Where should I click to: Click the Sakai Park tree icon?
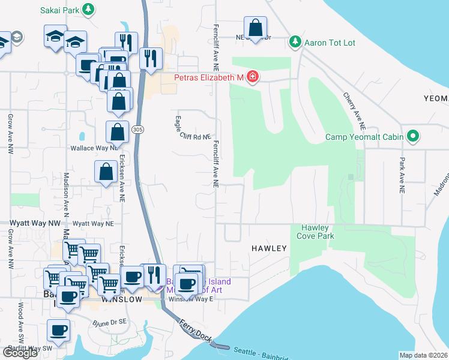(x=88, y=9)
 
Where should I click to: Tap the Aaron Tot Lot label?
(x=330, y=42)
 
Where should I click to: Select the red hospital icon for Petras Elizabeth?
(x=253, y=77)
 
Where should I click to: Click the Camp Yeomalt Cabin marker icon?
(x=412, y=137)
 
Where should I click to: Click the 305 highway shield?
(x=137, y=130)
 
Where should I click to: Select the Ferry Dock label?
(x=195, y=331)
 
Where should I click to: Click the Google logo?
(x=20, y=353)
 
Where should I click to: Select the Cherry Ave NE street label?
(x=354, y=112)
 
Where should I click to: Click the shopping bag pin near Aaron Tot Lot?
(x=255, y=28)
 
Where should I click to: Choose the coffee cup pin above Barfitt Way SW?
(x=59, y=330)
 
